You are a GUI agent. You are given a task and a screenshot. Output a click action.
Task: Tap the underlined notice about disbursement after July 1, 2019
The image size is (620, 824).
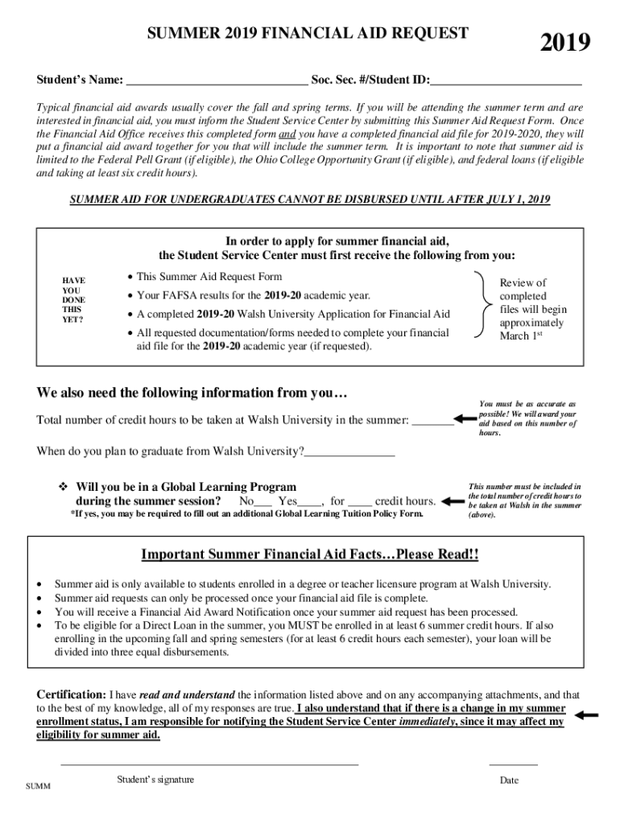pos(310,200)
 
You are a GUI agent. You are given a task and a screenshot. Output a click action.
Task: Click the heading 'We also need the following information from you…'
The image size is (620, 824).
pos(192,393)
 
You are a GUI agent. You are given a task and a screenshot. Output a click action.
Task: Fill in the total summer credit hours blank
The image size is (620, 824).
pos(432,420)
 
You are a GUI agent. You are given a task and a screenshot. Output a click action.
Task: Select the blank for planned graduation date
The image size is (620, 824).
pos(349,452)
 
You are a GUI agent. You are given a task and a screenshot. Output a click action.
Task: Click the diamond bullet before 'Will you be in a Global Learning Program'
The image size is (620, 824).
pos(65,488)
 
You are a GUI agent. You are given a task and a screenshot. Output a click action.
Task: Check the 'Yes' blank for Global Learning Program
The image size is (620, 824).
pos(311,502)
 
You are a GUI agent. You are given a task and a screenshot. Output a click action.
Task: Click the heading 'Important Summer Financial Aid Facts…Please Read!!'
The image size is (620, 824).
pos(310,555)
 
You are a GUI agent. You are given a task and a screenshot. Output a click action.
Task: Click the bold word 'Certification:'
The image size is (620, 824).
pos(71,694)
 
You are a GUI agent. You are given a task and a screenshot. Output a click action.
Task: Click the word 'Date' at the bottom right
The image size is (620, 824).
pos(509,780)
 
